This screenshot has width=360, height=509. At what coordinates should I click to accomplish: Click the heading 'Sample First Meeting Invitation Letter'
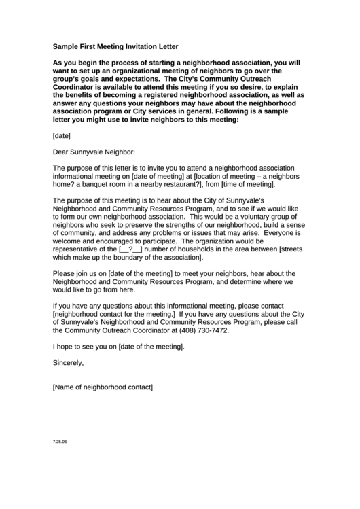115,47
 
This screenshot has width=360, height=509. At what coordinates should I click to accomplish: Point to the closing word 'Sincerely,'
68,362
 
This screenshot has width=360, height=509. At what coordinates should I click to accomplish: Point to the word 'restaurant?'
194,184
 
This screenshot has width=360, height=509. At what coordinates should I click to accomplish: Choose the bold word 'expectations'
118,78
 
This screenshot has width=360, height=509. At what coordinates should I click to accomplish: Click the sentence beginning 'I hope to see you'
118,346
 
